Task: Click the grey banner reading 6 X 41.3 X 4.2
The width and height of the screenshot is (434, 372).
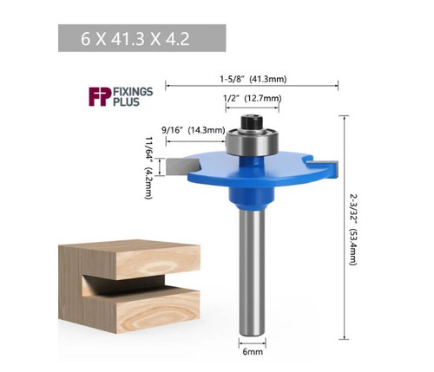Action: pos(139,39)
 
